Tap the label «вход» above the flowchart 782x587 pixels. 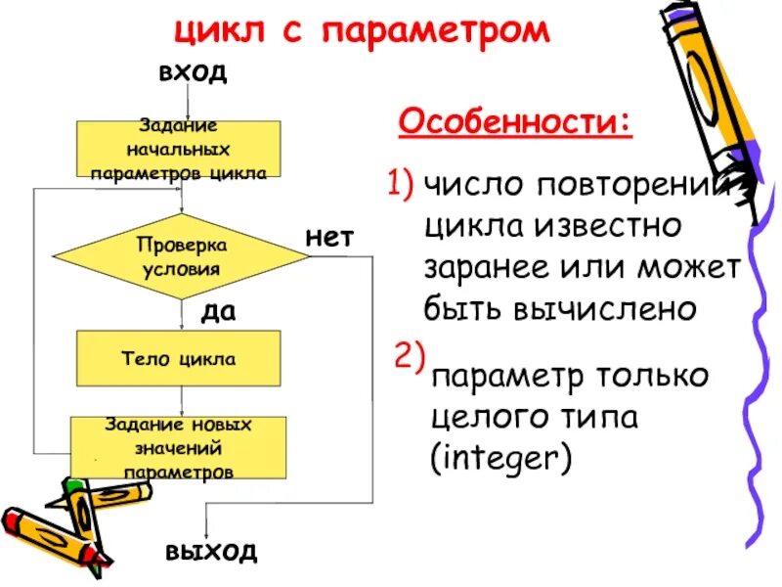(193, 72)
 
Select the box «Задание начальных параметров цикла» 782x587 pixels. (178, 149)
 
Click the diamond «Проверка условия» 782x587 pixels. (180, 255)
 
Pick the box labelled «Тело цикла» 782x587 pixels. (178, 358)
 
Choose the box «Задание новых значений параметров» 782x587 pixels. (178, 448)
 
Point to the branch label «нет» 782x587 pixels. (329, 238)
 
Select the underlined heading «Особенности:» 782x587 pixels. (515, 123)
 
